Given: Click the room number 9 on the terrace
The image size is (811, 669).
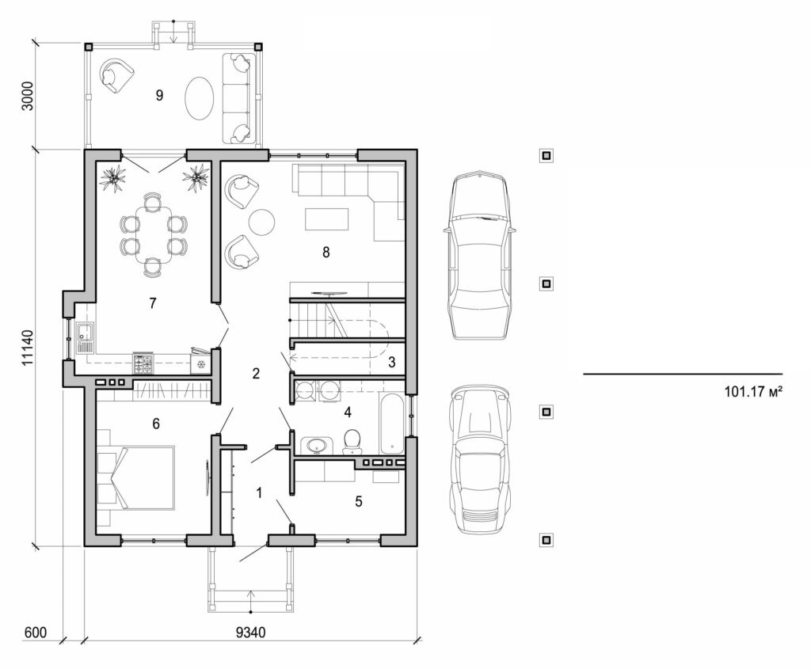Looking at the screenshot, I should (159, 95).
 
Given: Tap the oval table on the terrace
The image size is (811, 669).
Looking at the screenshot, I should (200, 97).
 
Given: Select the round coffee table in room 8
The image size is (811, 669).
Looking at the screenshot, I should (261, 222).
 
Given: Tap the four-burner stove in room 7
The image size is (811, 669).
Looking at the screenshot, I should (143, 364).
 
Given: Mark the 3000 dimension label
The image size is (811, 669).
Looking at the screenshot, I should (28, 95).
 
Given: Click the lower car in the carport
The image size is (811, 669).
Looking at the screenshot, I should (478, 460).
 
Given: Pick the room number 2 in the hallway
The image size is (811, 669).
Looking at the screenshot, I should (256, 374).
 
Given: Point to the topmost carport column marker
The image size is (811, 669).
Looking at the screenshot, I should (546, 155).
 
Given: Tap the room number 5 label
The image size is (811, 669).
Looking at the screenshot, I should (359, 501).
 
